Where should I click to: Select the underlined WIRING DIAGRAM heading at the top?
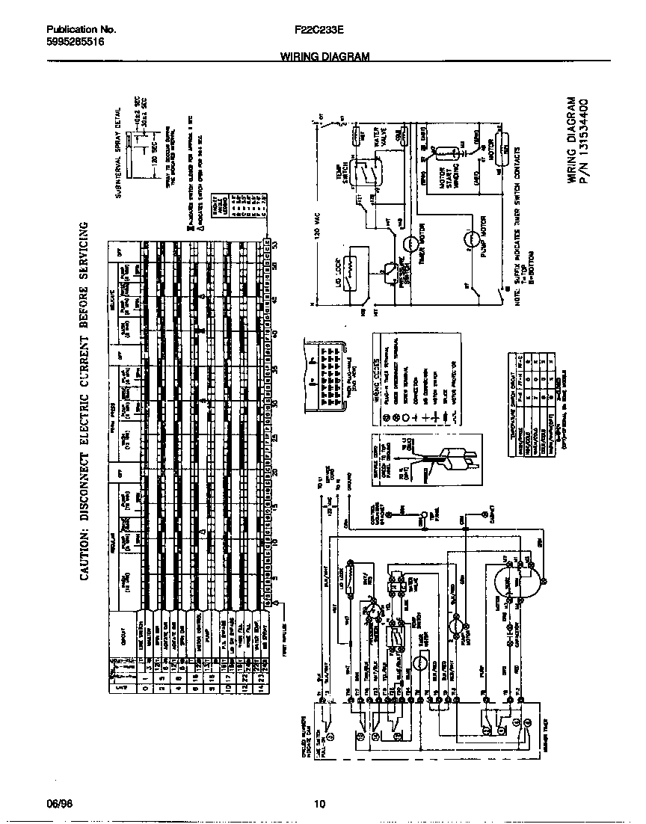(324, 57)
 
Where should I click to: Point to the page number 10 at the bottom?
(319, 805)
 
